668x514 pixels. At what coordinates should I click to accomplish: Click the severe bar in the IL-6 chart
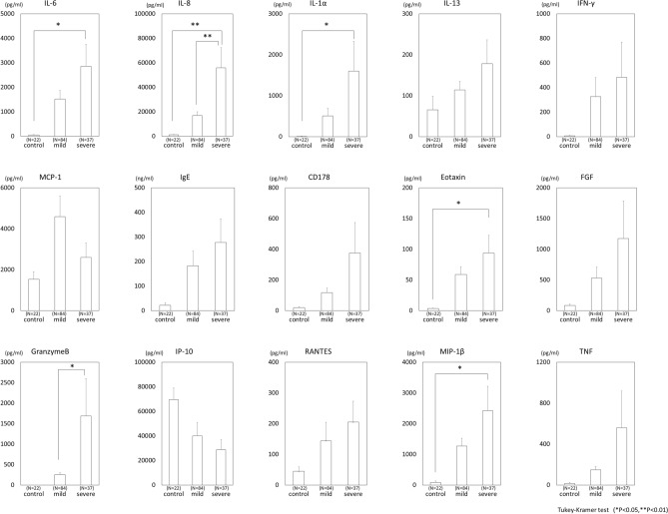point(88,101)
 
